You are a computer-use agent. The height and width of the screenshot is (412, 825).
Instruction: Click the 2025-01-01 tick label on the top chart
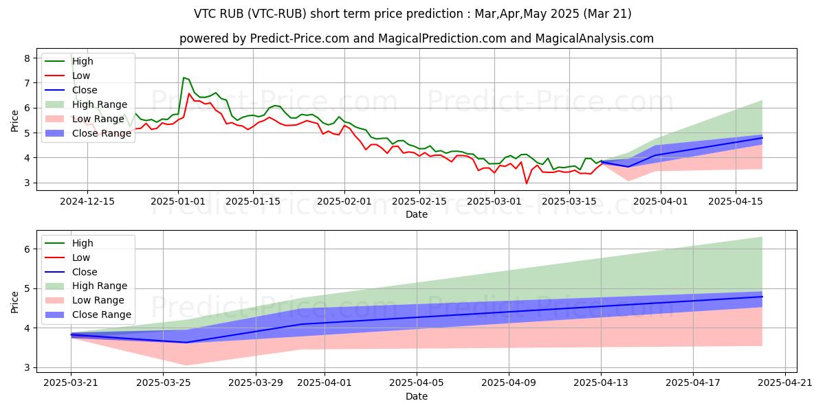(x=178, y=202)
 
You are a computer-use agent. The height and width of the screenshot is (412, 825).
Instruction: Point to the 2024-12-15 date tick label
(x=87, y=202)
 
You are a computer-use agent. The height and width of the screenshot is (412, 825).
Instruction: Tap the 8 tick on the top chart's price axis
(x=27, y=58)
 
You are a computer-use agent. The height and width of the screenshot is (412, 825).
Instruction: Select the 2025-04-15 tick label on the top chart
(x=736, y=202)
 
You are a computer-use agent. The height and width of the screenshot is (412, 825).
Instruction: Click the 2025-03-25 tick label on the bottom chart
(x=163, y=383)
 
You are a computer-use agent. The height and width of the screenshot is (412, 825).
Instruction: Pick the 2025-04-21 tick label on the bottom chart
(x=785, y=383)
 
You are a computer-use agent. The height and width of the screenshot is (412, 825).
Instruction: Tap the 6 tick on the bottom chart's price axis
(x=27, y=249)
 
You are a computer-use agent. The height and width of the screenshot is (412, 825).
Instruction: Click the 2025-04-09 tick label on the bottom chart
(x=509, y=383)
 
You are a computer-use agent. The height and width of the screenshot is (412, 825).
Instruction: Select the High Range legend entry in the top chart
(x=86, y=104)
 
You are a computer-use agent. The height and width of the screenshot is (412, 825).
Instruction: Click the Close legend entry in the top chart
(x=71, y=90)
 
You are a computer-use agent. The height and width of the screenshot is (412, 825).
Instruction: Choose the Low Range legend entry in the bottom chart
(x=85, y=300)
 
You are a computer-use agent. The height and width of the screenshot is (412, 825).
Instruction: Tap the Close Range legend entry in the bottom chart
(x=88, y=314)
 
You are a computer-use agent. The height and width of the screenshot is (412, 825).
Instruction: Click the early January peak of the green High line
(x=184, y=78)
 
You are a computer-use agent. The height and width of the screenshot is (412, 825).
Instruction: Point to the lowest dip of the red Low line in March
(x=527, y=183)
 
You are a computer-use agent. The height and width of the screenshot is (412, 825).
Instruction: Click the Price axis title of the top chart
(x=14, y=121)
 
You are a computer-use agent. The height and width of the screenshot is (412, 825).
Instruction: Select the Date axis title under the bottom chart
(x=417, y=396)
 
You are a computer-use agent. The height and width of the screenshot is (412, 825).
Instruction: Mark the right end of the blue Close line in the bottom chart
(x=762, y=297)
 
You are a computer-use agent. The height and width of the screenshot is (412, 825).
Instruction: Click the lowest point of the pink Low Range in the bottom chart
(x=186, y=365)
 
